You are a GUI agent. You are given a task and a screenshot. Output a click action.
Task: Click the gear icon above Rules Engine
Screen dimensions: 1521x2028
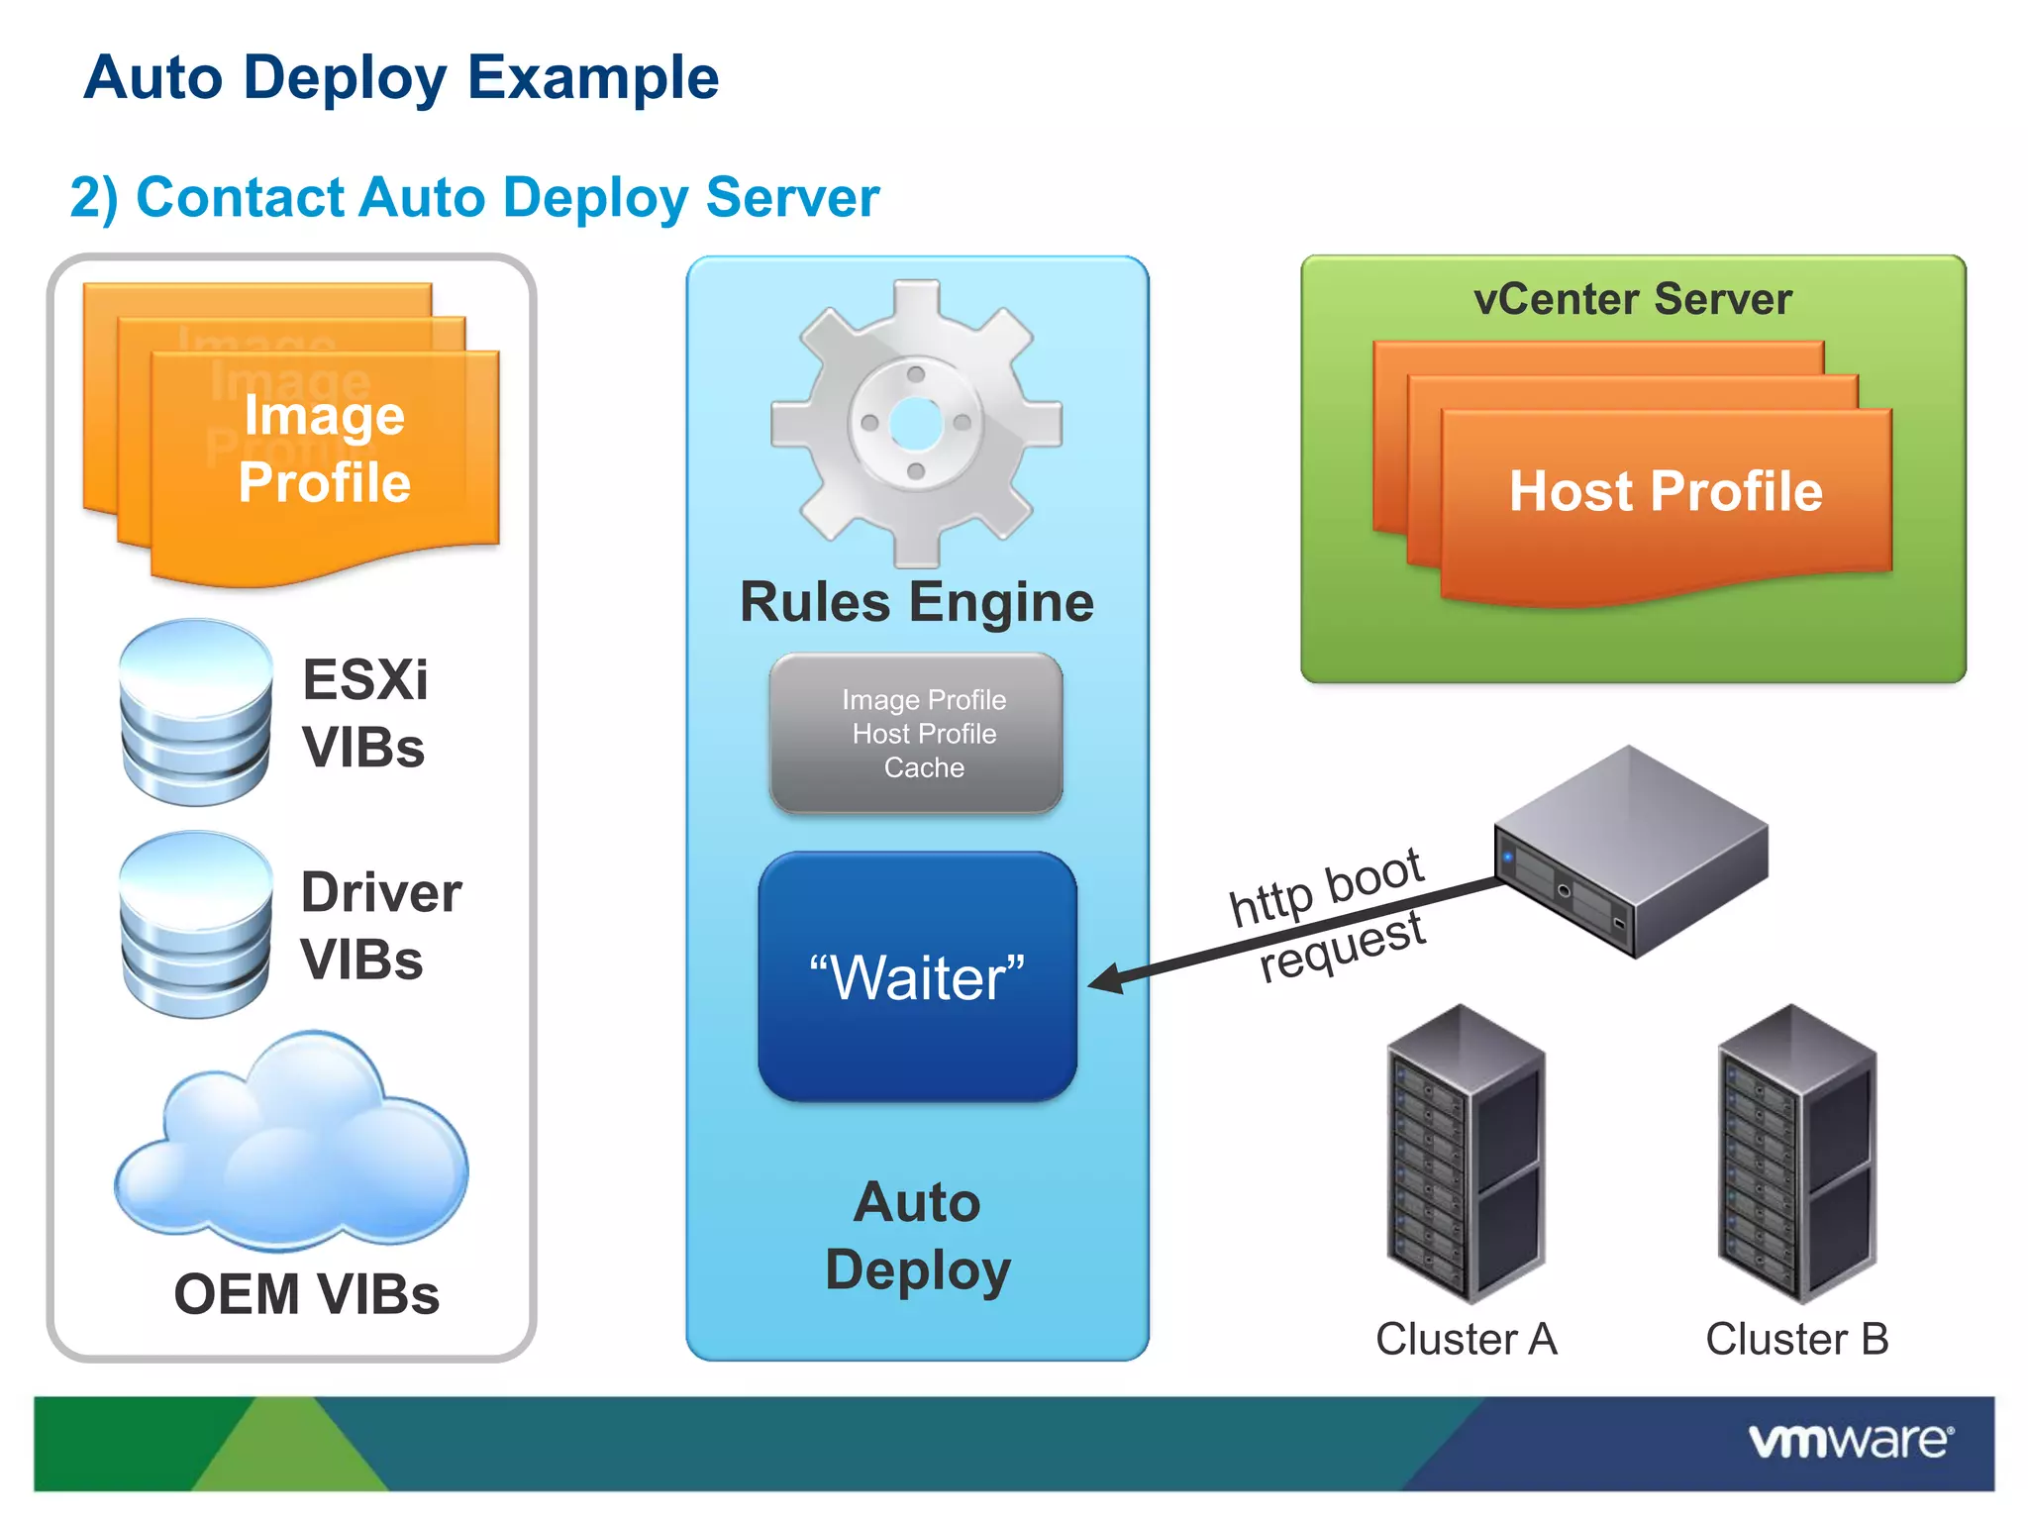pyautogui.click(x=916, y=424)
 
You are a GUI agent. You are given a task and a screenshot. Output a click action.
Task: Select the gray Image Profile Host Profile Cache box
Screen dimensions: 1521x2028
pyautogui.click(x=917, y=734)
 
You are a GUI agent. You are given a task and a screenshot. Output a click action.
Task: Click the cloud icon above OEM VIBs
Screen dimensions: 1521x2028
pyautogui.click(x=291, y=1144)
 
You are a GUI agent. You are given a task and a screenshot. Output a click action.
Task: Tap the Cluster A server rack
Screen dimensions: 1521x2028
pyautogui.click(x=1465, y=1154)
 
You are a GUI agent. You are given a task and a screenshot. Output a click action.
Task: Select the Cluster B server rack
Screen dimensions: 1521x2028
pyautogui.click(x=1796, y=1154)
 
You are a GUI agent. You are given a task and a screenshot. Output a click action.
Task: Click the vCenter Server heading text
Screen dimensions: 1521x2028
pyautogui.click(x=1632, y=299)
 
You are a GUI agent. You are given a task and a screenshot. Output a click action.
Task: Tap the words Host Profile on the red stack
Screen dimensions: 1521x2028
pyautogui.click(x=1666, y=491)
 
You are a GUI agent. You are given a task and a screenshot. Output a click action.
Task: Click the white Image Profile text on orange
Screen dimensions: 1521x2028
pyautogui.click(x=324, y=449)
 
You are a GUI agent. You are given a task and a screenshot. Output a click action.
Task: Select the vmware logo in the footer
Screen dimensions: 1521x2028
pyautogui.click(x=1850, y=1441)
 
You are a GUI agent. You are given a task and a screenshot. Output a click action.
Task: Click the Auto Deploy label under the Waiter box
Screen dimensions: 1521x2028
pyautogui.click(x=917, y=1236)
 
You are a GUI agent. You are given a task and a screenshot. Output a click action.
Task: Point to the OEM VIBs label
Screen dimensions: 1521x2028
pyautogui.click(x=306, y=1294)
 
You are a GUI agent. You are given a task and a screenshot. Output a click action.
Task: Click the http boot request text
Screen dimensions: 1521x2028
pyautogui.click(x=1327, y=916)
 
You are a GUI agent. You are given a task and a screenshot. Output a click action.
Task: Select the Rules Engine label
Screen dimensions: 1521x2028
pyautogui.click(x=917, y=602)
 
